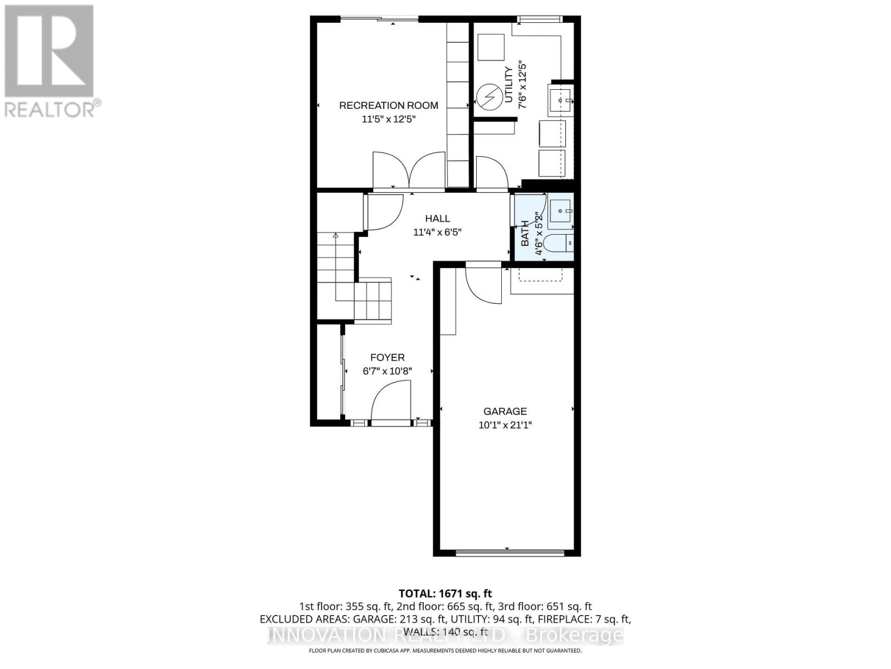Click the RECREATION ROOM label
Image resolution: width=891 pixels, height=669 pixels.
388,105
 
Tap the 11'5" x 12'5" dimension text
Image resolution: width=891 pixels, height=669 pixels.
388,119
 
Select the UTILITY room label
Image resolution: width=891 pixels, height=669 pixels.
508,85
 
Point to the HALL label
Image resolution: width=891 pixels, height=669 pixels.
437,219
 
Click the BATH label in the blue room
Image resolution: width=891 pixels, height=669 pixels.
525,234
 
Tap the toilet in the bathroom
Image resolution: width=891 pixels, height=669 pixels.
559,244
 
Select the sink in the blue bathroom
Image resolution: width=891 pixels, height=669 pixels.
560,211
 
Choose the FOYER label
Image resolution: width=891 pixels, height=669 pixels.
388,357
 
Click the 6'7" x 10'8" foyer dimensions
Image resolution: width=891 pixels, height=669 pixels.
388,371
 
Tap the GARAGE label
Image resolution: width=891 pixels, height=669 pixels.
505,411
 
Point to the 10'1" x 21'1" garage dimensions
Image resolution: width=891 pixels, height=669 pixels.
505,425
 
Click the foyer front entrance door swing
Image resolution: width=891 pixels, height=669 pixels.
391,403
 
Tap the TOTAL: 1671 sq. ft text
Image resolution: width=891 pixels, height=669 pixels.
445,594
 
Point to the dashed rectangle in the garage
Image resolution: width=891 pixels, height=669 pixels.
540,275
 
